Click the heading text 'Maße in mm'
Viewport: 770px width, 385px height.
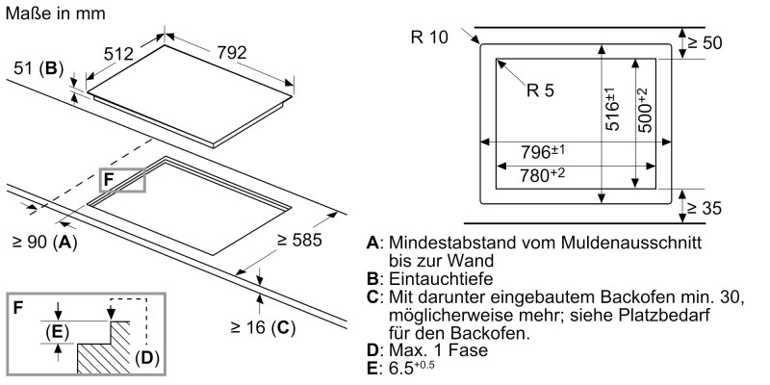pyautogui.click(x=55, y=13)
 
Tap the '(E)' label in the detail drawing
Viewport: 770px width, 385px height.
pyautogui.click(x=58, y=332)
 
